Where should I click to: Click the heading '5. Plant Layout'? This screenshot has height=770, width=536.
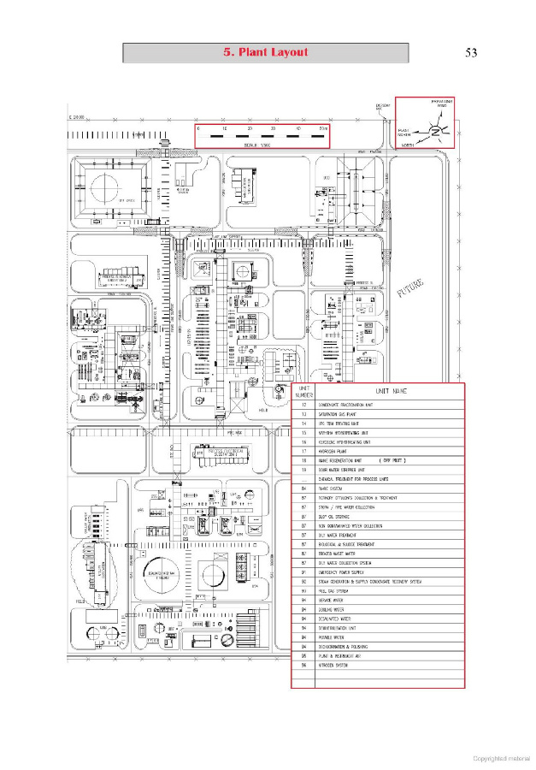point(265,52)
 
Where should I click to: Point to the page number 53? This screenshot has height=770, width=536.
point(471,53)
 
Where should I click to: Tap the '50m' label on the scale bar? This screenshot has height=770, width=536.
point(321,127)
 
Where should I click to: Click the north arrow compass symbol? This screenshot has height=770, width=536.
point(436,131)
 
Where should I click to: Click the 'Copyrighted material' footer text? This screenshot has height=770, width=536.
point(502,758)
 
